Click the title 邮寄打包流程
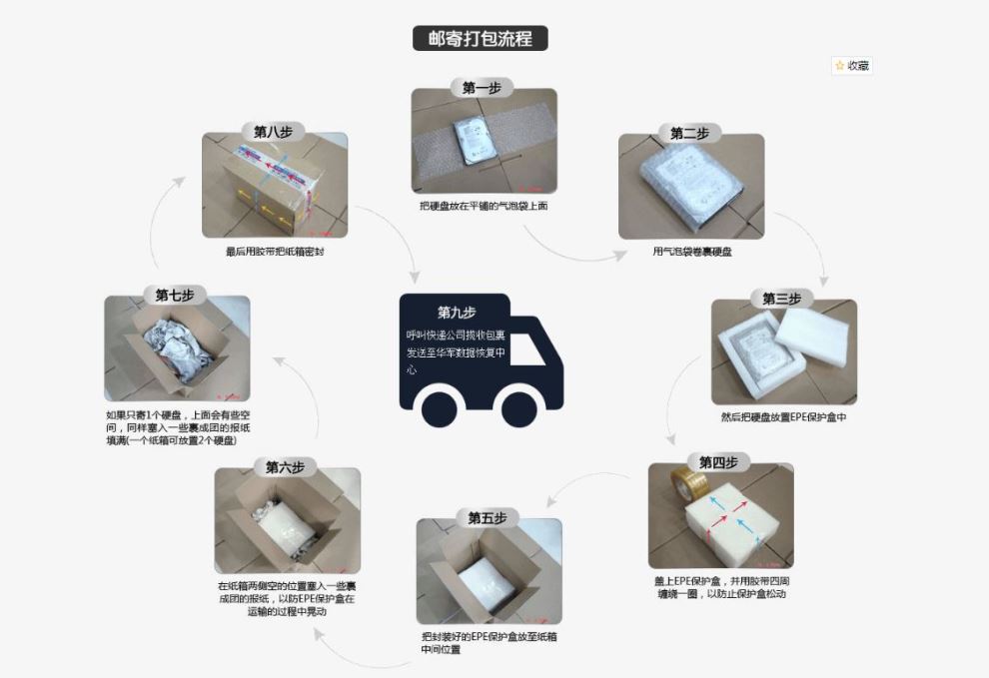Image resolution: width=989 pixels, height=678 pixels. [x=481, y=39]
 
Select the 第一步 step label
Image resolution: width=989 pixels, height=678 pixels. [x=483, y=88]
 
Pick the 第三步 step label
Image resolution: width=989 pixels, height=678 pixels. [x=781, y=299]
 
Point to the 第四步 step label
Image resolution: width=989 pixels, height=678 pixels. [x=718, y=462]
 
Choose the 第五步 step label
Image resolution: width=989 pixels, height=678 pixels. [x=488, y=517]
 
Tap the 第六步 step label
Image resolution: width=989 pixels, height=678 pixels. [x=286, y=467]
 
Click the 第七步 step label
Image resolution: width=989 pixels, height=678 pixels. [x=175, y=295]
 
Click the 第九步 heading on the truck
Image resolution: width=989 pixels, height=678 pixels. [x=458, y=313]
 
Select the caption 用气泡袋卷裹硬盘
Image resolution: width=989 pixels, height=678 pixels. [x=692, y=252]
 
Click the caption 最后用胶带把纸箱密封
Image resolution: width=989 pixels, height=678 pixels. [x=275, y=252]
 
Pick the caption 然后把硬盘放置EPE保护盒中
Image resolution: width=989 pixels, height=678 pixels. [x=783, y=417]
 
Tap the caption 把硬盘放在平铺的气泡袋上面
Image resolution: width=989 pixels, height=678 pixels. [x=484, y=206]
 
